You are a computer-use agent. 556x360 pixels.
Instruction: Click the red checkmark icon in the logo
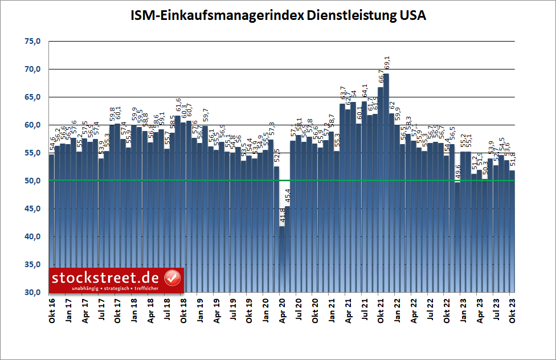click(172, 278)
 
